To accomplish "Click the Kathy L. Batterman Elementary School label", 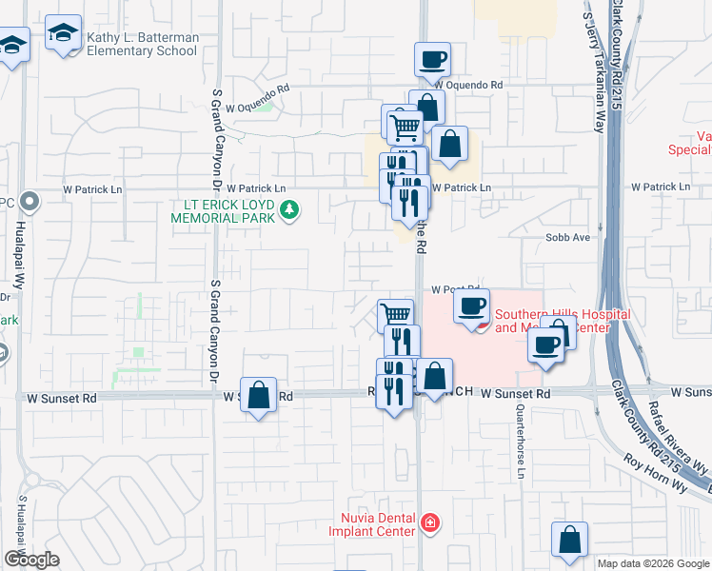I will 143,44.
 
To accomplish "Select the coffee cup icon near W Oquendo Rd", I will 432,60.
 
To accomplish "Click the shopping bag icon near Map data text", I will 569,539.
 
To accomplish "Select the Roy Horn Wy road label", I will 656,471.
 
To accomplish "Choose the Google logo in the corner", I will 30,560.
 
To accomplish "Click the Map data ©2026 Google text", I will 654,563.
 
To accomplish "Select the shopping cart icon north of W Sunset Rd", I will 395,315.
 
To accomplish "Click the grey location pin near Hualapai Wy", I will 30,202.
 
